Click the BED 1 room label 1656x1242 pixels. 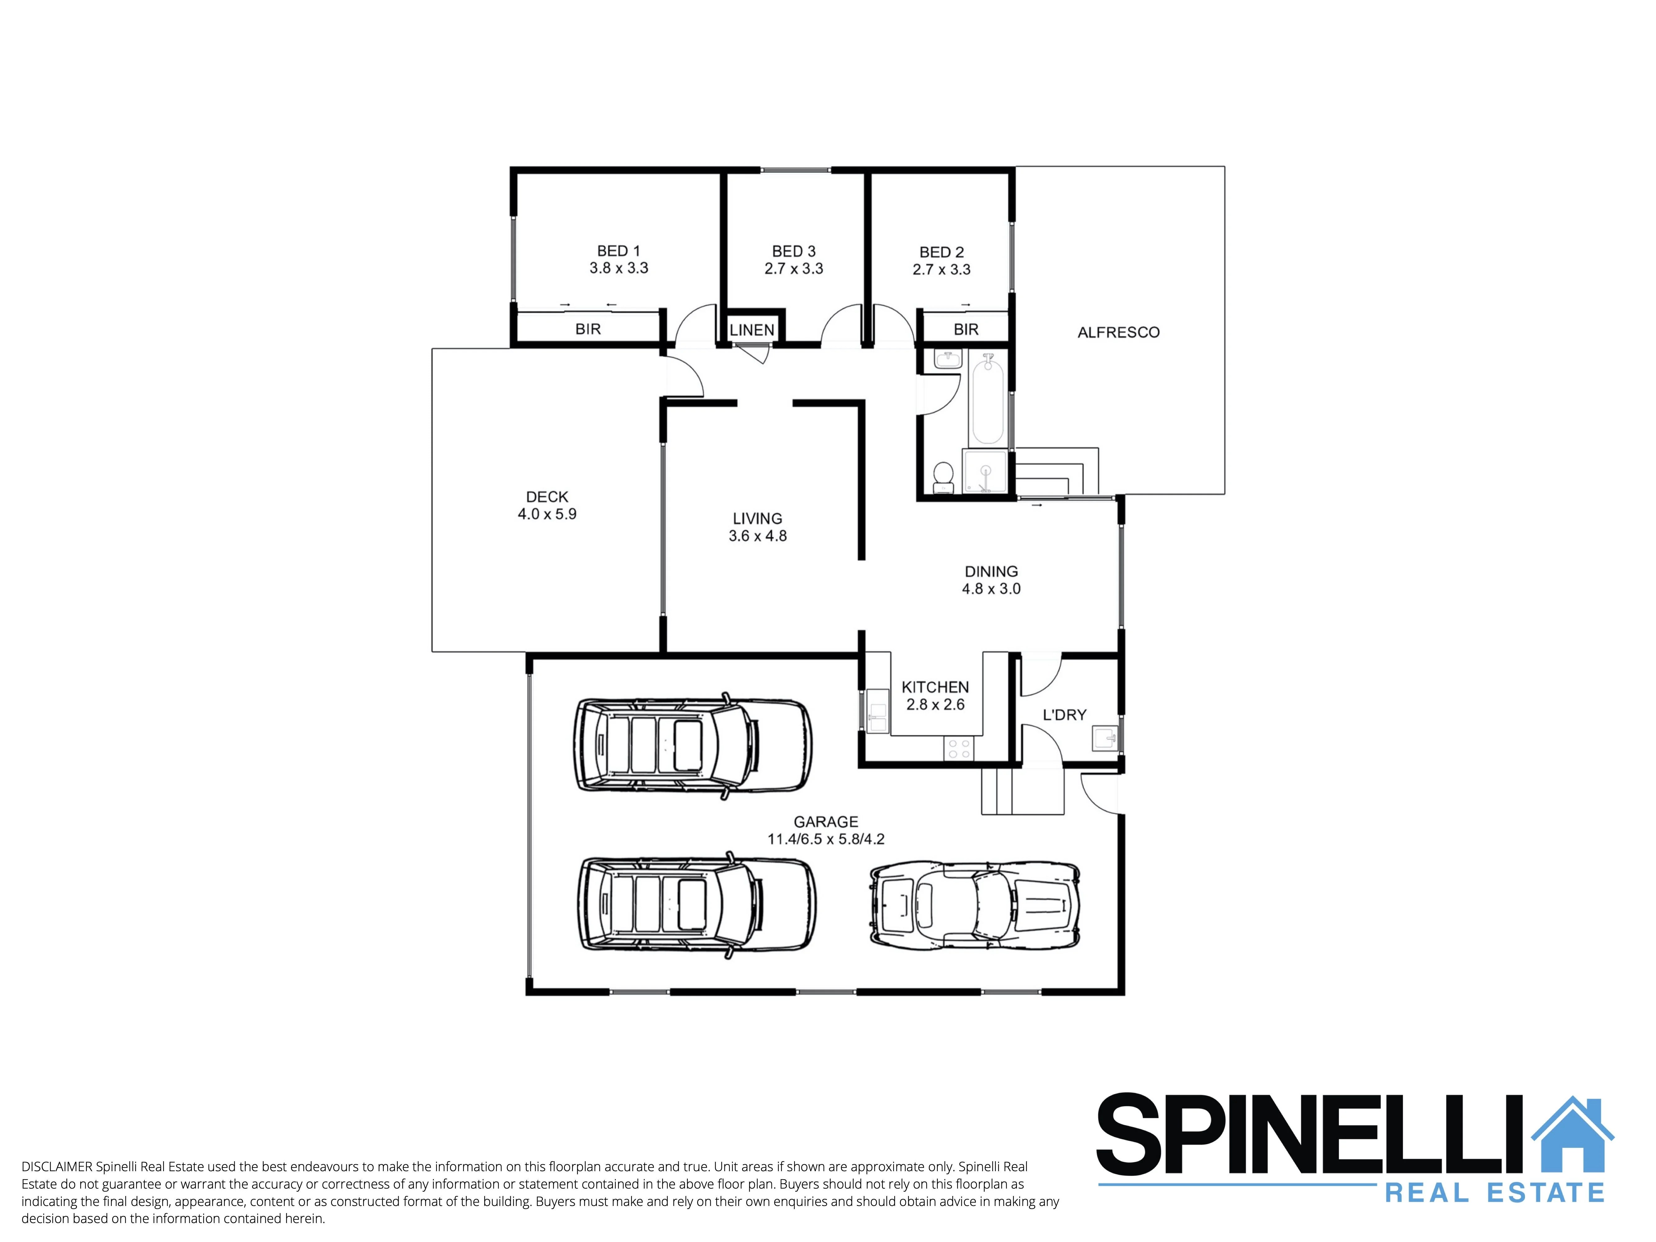tap(618, 251)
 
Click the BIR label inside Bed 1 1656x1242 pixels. tap(588, 329)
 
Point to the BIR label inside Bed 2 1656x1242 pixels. tap(966, 330)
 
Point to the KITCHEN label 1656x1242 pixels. tap(935, 686)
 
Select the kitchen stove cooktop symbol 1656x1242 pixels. tap(959, 748)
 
